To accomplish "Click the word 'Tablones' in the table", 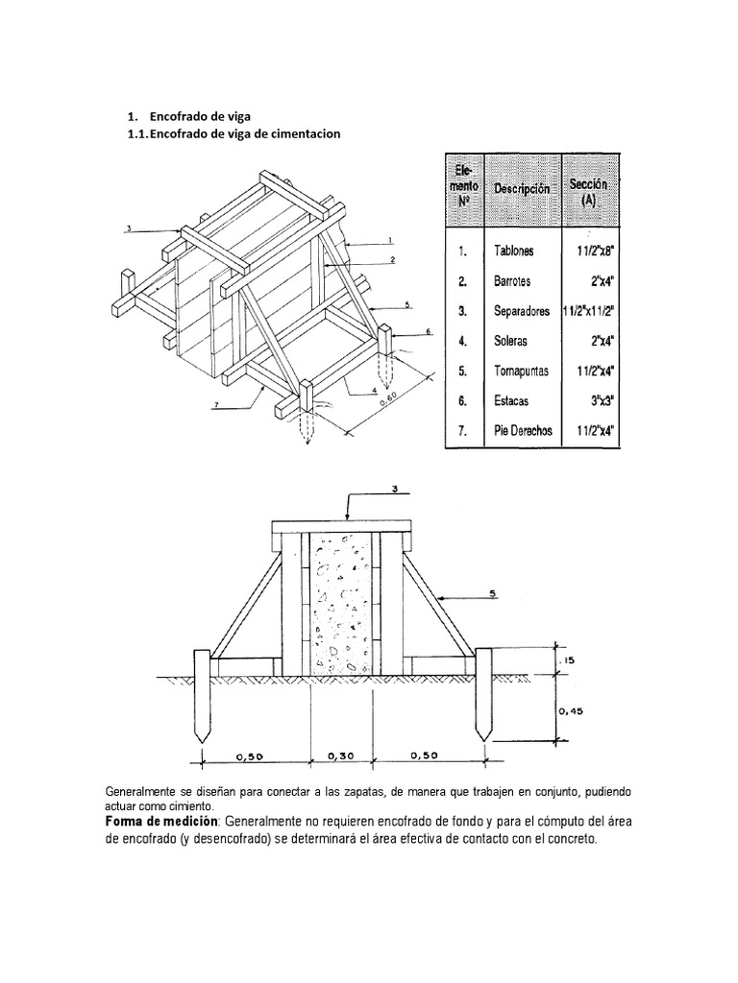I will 514,252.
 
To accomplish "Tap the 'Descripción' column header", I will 522,189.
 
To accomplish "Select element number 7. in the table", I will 462,431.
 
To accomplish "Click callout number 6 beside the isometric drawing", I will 429,331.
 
